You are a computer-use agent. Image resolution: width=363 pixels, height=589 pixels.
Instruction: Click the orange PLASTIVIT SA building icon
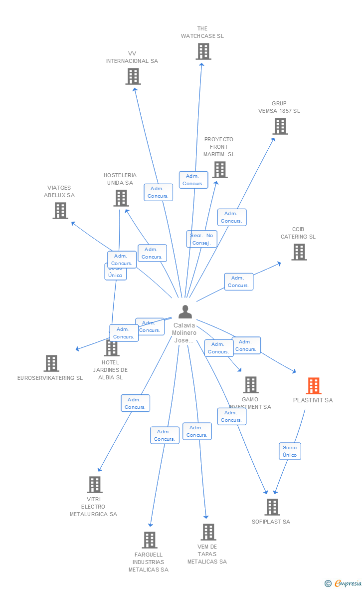313,386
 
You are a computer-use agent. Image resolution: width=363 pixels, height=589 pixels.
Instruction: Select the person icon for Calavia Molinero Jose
185,312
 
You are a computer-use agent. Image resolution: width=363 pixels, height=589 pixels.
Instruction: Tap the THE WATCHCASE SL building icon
203,51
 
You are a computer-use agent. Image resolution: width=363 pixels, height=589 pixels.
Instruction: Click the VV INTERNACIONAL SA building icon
133,76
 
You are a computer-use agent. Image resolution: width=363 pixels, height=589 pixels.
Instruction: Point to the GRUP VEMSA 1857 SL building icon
280,126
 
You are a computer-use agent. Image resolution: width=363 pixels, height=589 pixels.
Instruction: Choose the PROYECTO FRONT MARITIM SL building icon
219,170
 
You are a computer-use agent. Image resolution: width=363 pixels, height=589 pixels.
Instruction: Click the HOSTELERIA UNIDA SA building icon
121,198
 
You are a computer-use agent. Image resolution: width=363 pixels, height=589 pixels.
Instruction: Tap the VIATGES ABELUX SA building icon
60,211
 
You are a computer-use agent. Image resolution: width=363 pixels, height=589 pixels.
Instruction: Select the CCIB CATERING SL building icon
299,252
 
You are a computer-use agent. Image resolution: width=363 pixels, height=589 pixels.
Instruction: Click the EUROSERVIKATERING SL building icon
51,363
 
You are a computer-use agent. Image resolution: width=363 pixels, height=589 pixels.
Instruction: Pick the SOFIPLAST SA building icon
272,507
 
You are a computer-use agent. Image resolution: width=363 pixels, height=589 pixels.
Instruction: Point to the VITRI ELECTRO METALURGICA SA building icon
94,485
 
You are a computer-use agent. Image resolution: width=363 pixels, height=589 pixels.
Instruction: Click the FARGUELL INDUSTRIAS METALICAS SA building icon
149,540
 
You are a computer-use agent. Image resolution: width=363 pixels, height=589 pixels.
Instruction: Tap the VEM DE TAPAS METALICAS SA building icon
208,532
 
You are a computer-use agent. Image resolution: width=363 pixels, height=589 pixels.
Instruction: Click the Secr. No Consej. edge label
202,239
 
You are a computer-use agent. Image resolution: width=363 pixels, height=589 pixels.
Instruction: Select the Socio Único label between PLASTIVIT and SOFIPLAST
290,451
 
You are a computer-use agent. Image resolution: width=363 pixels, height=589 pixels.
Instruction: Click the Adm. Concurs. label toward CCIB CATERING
238,282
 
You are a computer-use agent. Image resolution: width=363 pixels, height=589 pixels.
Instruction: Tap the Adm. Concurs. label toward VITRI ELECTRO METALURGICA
135,403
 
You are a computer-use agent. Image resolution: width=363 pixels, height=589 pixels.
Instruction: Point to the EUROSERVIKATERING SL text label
50,378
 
